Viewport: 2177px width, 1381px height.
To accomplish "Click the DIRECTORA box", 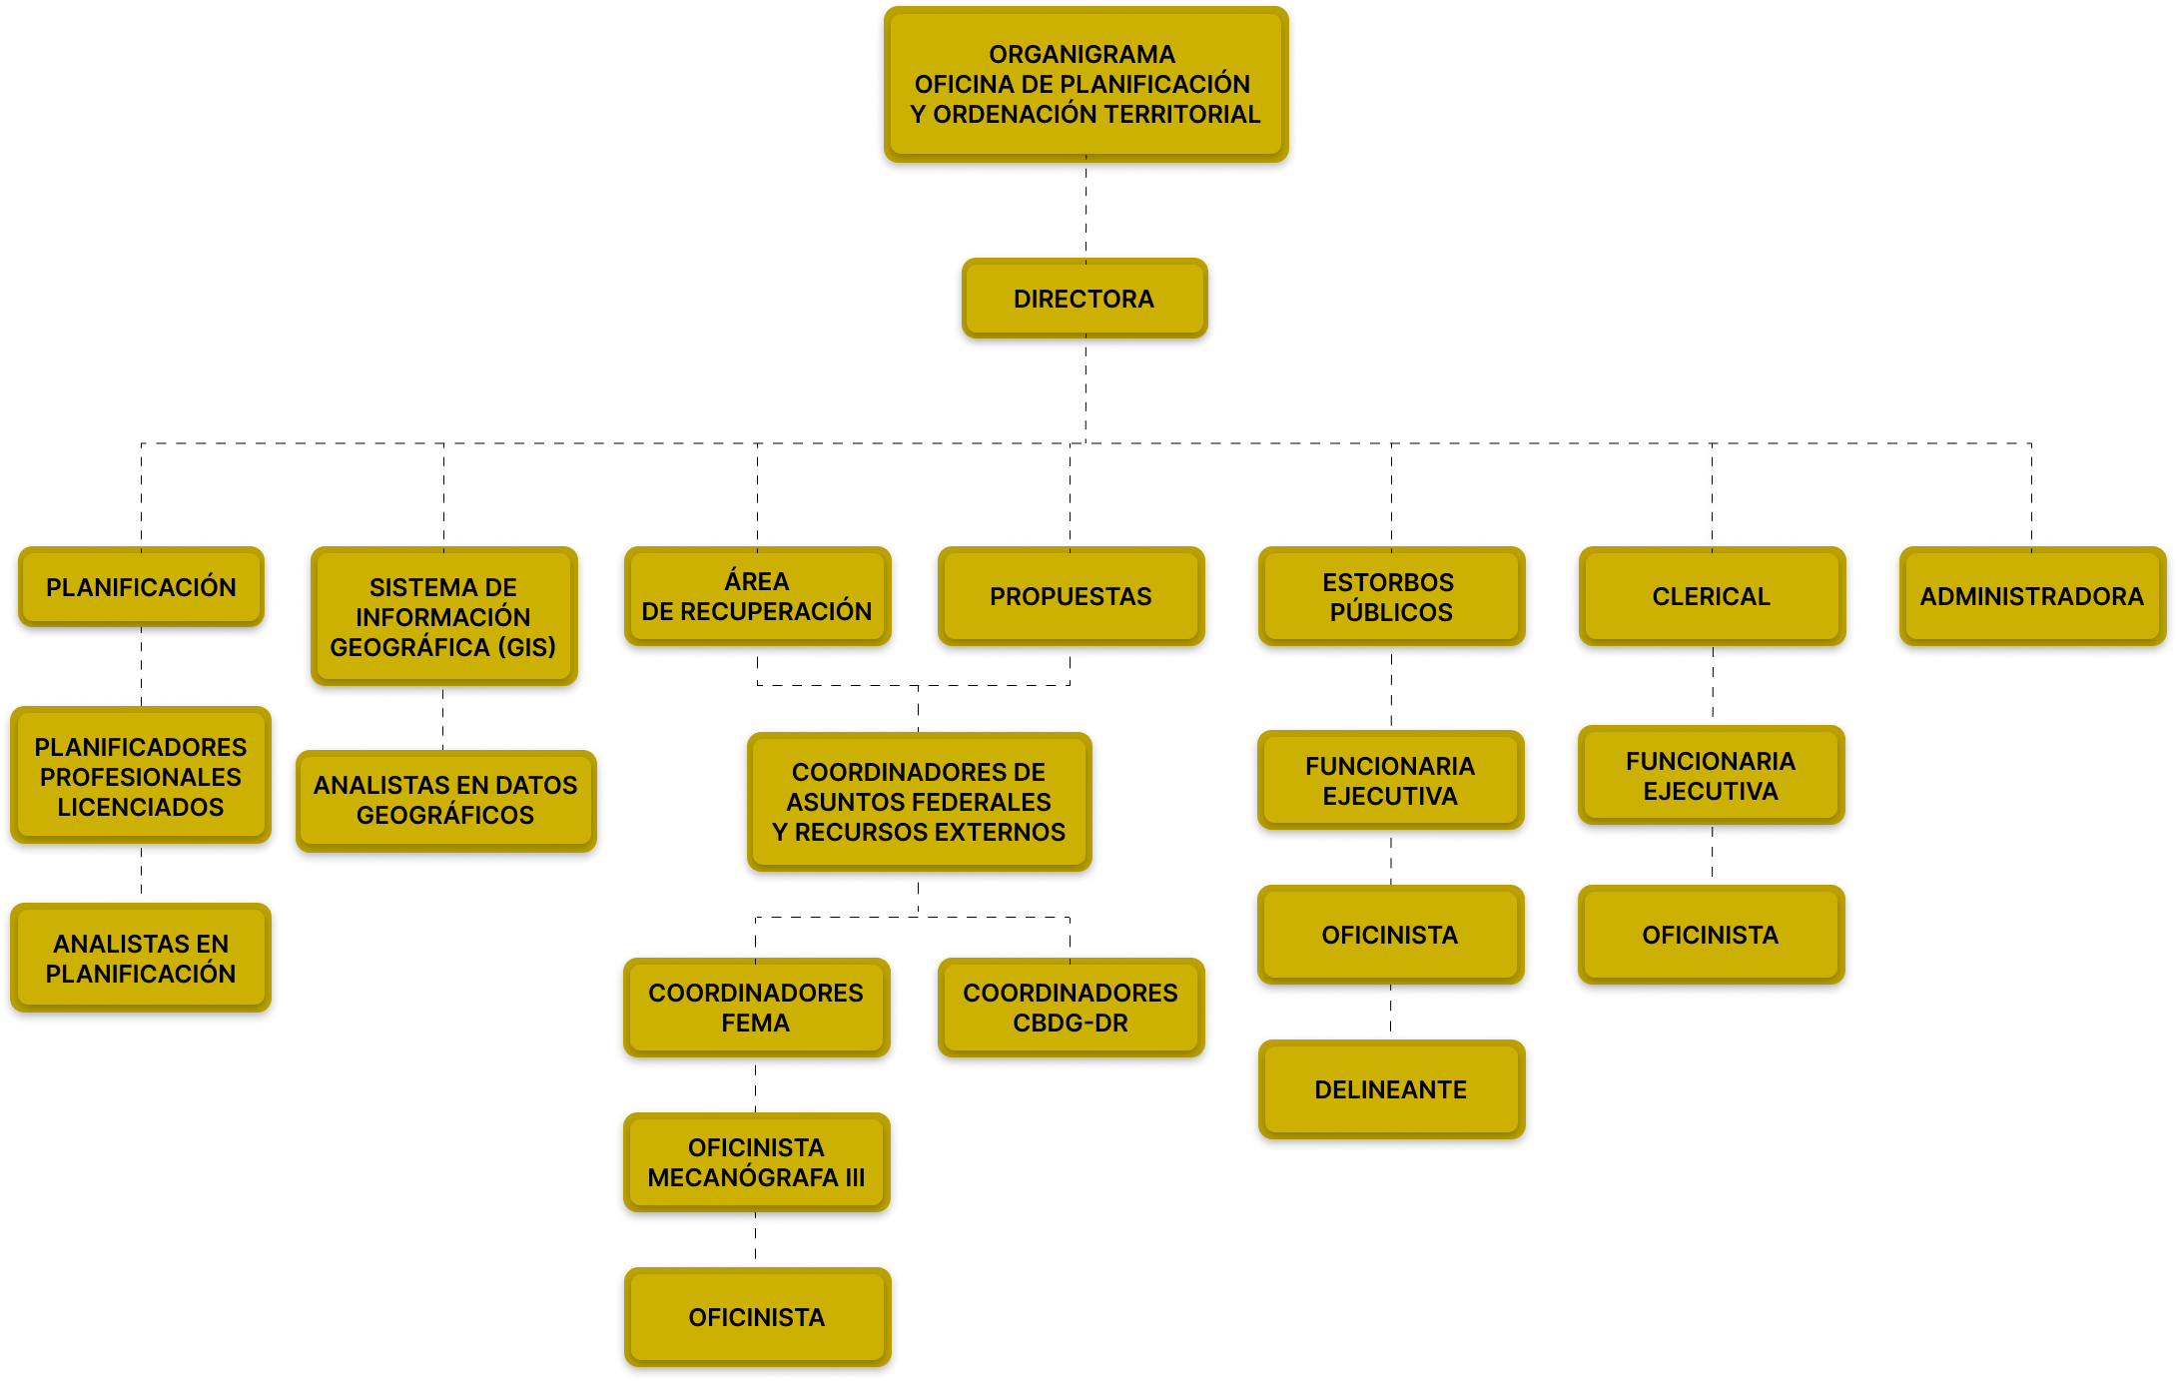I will point(1084,299).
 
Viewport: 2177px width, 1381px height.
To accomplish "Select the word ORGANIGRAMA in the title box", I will point(1082,54).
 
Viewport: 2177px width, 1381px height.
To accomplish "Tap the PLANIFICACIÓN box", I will point(141,587).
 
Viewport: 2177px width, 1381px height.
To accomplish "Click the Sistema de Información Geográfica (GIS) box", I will point(442,616).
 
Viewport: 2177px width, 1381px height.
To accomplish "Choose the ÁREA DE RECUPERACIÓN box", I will point(756,596).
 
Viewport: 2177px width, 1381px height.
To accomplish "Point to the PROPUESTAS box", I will point(1071,596).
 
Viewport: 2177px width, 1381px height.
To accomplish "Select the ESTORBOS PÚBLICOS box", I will point(1390,596).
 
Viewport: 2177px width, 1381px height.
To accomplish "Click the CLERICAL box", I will point(1711,596).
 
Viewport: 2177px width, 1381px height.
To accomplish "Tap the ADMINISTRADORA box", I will point(2031,596).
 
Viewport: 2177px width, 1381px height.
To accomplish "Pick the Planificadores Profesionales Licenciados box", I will point(141,776).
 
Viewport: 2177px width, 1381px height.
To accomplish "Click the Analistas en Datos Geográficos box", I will point(445,800).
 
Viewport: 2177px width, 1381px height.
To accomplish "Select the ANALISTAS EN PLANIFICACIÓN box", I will point(141,959).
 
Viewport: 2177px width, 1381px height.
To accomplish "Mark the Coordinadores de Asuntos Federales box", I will point(919,802).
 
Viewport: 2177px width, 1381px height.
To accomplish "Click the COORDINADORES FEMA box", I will point(756,1008).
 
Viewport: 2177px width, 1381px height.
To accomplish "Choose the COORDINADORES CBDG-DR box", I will point(1071,1008).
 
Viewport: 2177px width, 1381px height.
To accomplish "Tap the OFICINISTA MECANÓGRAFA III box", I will point(756,1162).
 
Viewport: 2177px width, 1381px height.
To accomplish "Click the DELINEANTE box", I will point(1390,1089).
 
